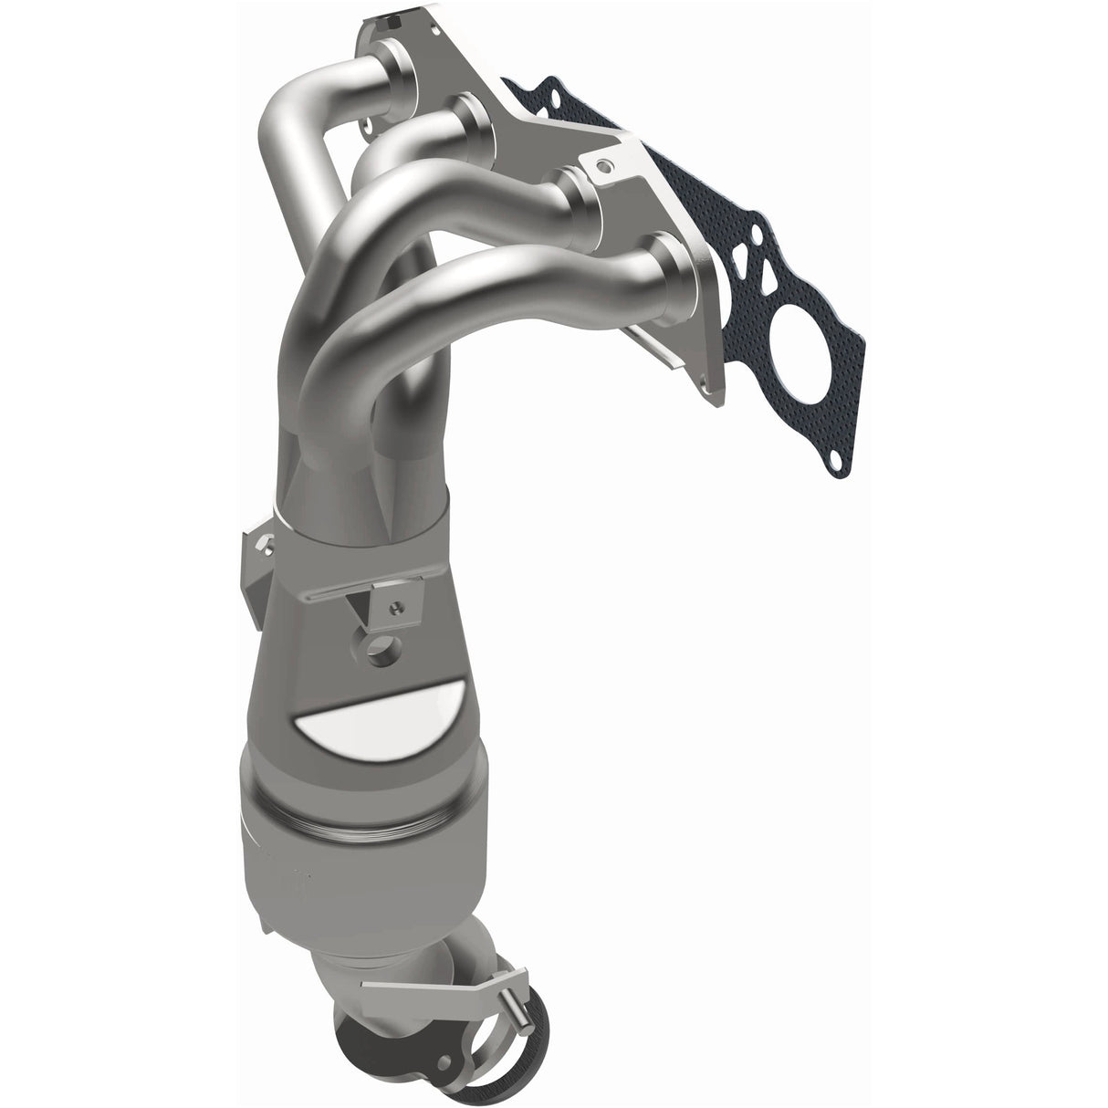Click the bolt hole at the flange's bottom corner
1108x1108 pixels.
[x=709, y=388]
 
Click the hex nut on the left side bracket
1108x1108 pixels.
[x=262, y=545]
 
